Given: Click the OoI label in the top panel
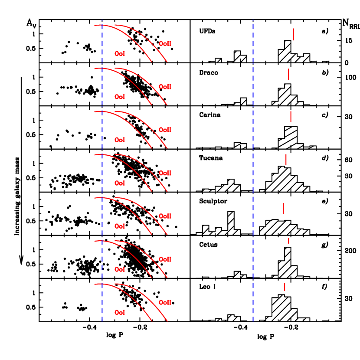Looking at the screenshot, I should (120, 54).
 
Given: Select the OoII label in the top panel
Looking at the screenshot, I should (165, 44).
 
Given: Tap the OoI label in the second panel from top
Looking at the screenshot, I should (120, 97).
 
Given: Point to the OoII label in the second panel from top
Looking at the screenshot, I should (165, 87).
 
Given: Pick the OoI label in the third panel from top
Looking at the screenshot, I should (120, 140).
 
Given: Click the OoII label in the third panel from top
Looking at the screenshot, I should (165, 130).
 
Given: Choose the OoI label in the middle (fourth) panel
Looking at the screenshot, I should (120, 183).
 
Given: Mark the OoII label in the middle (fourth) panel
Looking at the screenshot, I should (165, 173).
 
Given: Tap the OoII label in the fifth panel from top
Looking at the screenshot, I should (165, 216).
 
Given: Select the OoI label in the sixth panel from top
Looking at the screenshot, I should (120, 269).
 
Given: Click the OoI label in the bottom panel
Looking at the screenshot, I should (120, 312).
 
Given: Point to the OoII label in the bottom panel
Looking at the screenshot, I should (165, 302).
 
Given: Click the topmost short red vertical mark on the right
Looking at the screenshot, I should (293, 34).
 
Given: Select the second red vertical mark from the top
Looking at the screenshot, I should (288, 74).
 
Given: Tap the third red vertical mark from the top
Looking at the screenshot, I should (291, 117).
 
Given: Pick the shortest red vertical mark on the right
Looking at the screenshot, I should (288, 240).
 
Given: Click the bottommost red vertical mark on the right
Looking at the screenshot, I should (285, 287).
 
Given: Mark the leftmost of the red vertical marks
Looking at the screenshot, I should (283, 208).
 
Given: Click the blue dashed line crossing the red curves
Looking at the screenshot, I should (102, 173).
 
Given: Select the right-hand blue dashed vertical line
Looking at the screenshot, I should (253, 173).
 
